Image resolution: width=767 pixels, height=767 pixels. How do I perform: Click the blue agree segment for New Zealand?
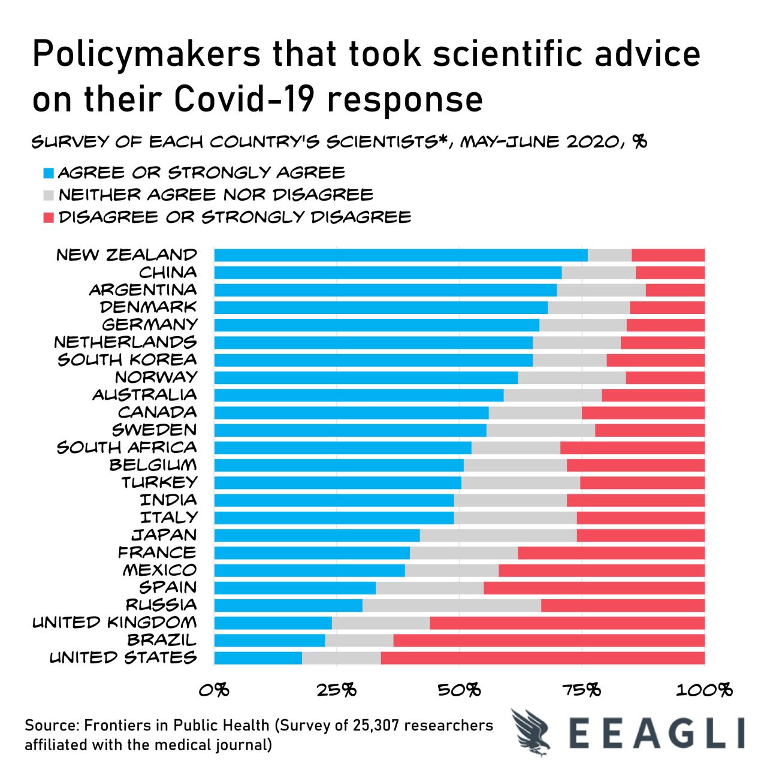400,255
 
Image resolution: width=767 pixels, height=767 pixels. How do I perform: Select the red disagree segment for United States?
542,658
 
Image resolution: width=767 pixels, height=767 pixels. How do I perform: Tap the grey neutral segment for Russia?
452,605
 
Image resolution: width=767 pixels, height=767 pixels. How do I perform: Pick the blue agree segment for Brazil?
270,641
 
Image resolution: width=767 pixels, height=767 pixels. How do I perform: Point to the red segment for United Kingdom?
567,623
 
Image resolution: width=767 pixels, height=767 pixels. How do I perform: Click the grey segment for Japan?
498,535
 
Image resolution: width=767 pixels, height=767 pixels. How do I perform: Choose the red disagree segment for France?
611,552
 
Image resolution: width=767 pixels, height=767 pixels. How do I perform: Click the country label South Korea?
127,360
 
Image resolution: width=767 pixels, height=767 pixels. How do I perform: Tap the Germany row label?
149,325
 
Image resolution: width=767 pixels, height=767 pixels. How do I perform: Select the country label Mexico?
159,570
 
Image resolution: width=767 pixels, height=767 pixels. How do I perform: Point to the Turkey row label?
159,482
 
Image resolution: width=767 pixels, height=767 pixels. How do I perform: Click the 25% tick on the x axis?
337,690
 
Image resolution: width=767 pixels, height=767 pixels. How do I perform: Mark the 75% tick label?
581,690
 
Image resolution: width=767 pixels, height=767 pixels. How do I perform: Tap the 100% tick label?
704,690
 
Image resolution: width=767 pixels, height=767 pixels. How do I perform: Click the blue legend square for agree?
49,174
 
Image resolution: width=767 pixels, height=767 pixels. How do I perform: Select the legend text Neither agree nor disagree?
216,195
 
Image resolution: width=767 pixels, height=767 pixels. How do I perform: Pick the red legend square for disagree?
49,218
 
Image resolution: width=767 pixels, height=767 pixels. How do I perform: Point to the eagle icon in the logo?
532,732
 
